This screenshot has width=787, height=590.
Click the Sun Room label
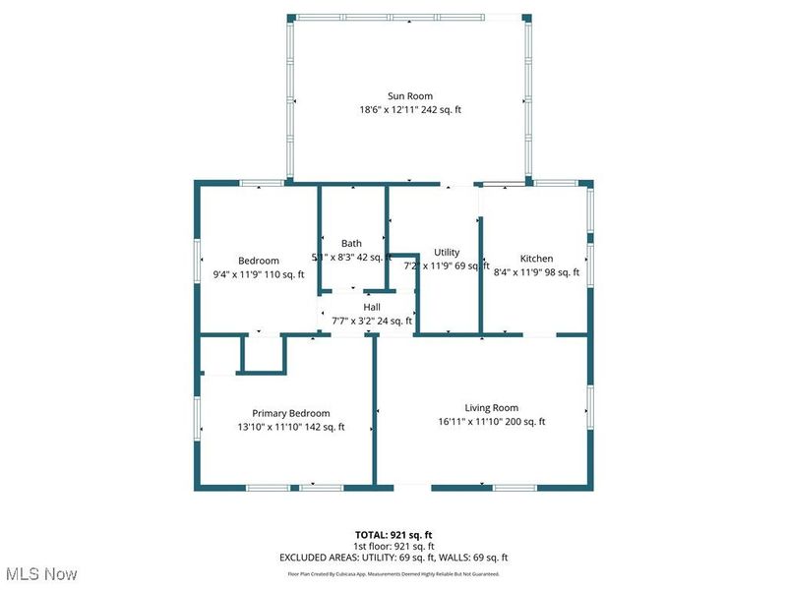410,96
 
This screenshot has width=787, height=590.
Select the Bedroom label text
259,261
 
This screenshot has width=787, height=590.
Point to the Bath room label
351,243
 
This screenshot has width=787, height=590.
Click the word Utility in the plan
447,253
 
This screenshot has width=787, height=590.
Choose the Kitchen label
536,260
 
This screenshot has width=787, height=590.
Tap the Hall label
372,307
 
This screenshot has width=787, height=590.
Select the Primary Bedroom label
290,413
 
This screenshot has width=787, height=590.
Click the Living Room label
492,407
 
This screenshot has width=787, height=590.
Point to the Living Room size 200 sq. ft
524,421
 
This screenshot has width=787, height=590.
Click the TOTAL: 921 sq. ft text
393,534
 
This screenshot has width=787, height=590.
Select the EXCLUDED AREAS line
393,558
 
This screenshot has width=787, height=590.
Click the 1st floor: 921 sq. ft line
393,546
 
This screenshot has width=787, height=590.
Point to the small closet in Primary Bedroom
262,354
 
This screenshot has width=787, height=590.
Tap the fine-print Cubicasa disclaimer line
393,573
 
